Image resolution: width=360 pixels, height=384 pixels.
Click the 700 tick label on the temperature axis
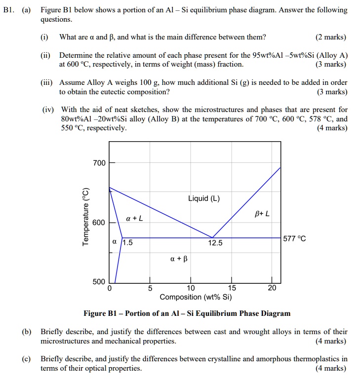pyautogui.click(x=99, y=163)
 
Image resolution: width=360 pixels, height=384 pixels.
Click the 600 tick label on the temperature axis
pyautogui.click(x=99, y=223)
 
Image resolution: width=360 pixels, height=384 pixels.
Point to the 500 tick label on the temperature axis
pyautogui.click(x=99, y=282)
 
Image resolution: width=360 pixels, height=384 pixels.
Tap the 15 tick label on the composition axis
pyautogui.click(x=232, y=289)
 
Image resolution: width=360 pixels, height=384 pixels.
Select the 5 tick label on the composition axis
pyautogui.click(x=150, y=289)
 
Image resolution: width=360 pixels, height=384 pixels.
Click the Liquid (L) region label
pyautogui.click(x=204, y=199)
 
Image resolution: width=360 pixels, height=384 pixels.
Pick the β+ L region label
pyautogui.click(x=262, y=214)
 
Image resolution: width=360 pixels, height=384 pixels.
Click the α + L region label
pyautogui.click(x=134, y=218)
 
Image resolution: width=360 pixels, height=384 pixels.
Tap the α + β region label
pyautogui.click(x=179, y=259)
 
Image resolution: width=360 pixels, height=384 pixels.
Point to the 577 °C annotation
pyautogui.click(x=295, y=239)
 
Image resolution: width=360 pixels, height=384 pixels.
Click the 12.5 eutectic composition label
pyautogui.click(x=216, y=243)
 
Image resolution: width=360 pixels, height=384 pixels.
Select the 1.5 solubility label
pyautogui.click(x=127, y=242)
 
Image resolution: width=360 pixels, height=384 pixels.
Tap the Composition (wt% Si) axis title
pyautogui.click(x=196, y=297)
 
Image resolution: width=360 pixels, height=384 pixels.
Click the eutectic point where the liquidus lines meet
pyautogui.click(x=212, y=237)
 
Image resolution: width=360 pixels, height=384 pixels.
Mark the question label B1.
pyautogui.click(x=9, y=10)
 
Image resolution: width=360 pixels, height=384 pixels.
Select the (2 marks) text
pyautogui.click(x=331, y=37)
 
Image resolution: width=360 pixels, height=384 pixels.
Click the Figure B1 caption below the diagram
pyautogui.click(x=187, y=313)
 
